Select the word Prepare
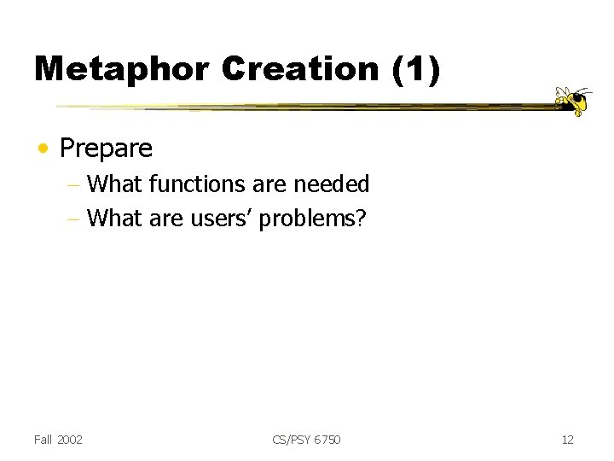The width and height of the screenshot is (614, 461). pos(106,149)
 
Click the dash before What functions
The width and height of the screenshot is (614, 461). pos(76,185)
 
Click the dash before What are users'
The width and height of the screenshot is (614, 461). pos(76,219)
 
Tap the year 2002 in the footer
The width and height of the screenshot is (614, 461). pos(70,440)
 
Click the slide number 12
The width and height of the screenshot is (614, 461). pos(567,440)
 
